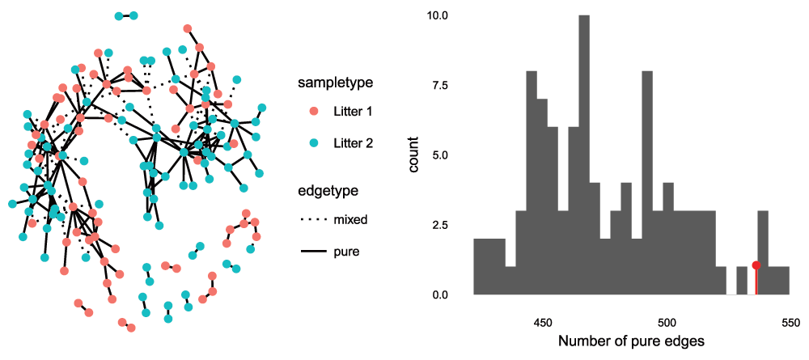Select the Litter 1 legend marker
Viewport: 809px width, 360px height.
click(314, 111)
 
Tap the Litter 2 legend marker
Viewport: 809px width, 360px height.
click(314, 142)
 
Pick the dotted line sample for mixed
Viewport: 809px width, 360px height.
click(313, 219)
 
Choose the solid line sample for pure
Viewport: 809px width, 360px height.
click(313, 252)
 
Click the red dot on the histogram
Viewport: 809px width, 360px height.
click(756, 265)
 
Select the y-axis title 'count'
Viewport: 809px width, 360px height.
click(414, 155)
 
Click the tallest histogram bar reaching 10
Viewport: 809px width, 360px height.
click(584, 154)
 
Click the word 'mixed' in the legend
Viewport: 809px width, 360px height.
click(351, 219)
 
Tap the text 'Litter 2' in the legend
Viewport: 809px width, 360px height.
click(354, 142)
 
